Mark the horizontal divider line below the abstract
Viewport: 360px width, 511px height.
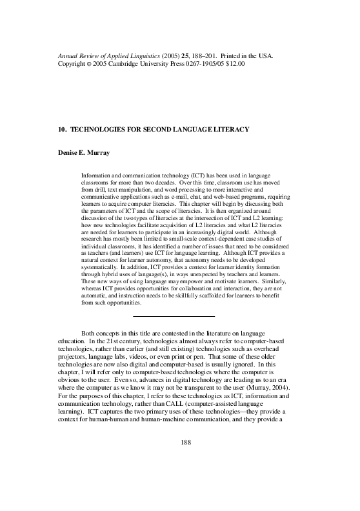tap(173, 316)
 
